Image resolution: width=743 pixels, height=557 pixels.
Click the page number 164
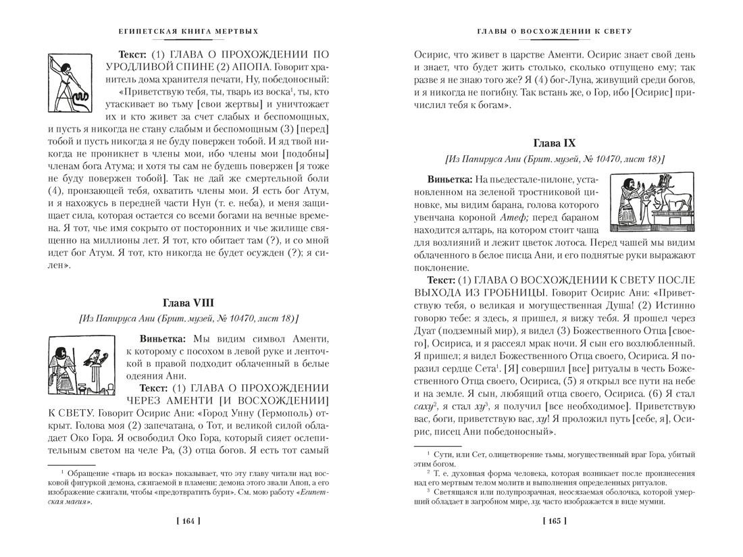[x=188, y=521]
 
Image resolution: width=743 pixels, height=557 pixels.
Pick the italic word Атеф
[x=513, y=217]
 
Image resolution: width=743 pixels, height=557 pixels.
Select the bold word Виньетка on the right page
[x=449, y=180]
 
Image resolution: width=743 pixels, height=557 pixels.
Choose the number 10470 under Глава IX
[x=598, y=161]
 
